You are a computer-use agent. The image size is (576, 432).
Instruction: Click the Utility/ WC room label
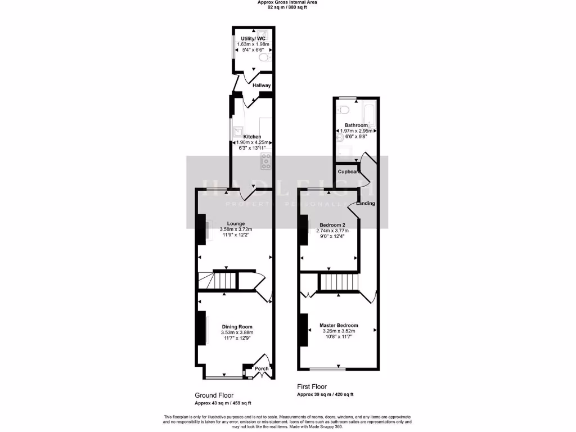click(x=253, y=39)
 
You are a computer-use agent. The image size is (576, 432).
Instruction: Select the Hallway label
click(x=262, y=85)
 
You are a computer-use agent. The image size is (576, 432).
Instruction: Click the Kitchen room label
click(x=252, y=136)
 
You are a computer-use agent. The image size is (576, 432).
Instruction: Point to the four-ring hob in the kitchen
click(x=266, y=161)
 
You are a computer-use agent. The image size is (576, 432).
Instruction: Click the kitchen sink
click(x=236, y=130)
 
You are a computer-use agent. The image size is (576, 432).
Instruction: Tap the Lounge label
click(x=236, y=223)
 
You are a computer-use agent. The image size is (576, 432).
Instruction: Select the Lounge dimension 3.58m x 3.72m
click(x=236, y=229)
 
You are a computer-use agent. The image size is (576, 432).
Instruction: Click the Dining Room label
click(x=237, y=327)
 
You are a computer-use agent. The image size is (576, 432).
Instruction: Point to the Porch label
click(x=262, y=369)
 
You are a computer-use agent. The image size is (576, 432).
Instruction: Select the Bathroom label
click(x=356, y=125)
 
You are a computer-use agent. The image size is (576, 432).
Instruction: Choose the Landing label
click(x=366, y=203)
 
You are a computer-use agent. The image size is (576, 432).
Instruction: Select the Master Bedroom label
click(x=339, y=326)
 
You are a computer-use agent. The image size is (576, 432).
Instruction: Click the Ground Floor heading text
click(x=214, y=395)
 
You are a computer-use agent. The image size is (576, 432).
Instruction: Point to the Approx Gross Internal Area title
click(x=287, y=3)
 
